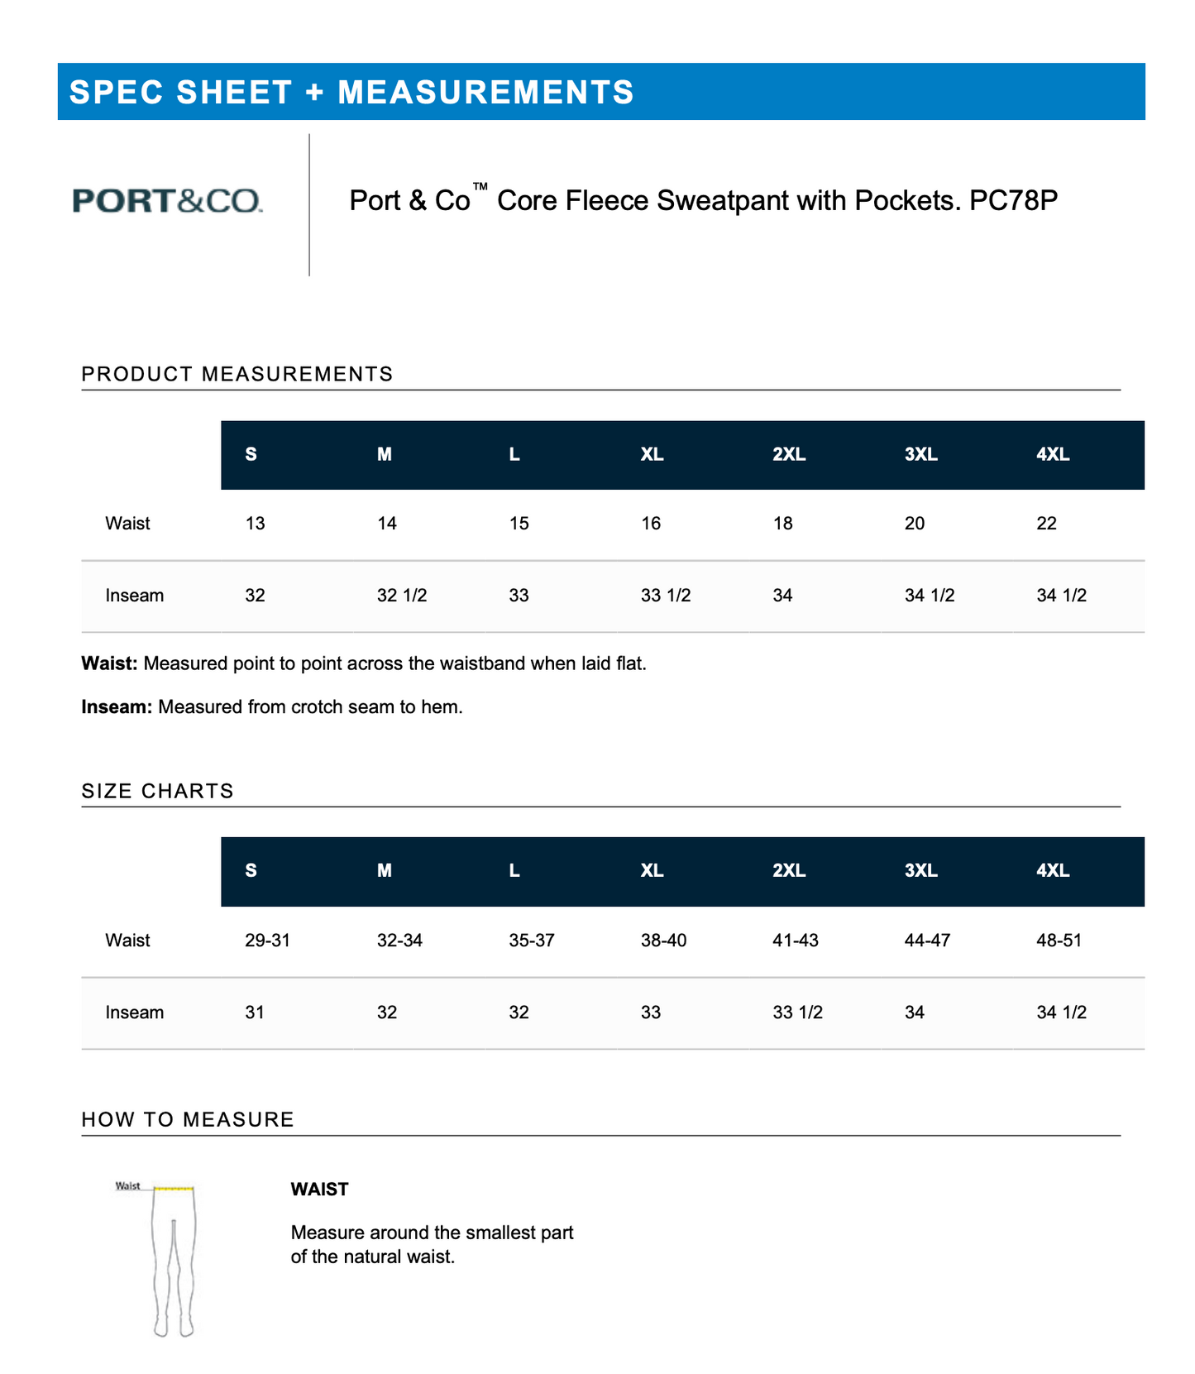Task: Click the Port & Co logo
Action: [167, 201]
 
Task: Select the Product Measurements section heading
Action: [237, 374]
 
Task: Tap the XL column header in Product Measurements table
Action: [652, 454]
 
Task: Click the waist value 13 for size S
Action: [255, 524]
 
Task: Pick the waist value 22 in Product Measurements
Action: [1046, 524]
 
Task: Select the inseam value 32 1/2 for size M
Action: [402, 596]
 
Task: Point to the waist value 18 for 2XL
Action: [782, 524]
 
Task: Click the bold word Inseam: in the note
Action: [117, 707]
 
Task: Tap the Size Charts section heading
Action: [158, 791]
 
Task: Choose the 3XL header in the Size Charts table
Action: [920, 871]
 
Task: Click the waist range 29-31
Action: [267, 941]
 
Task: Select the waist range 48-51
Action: [1059, 941]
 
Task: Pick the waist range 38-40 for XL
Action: [663, 941]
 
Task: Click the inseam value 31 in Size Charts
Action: [255, 1013]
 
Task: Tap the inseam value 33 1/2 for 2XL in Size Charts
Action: [797, 1013]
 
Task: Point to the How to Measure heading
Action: [188, 1119]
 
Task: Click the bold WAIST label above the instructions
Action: [319, 1190]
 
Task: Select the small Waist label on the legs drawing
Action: [127, 1186]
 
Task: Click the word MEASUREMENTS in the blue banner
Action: [485, 92]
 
